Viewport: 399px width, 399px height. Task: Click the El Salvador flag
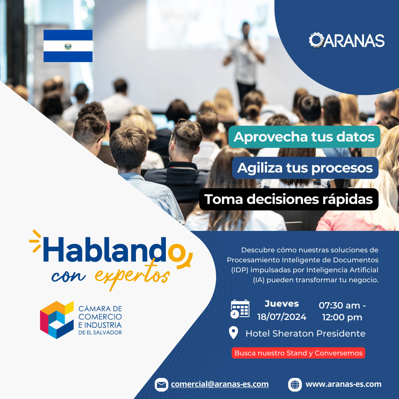click(68, 46)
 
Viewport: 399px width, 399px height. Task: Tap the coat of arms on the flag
click(68, 46)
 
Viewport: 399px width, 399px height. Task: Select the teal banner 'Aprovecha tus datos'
click(304, 137)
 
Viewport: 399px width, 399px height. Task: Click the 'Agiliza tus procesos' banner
click(305, 168)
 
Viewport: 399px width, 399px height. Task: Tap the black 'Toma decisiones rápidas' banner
click(289, 199)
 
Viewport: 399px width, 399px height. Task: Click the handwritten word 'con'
click(68, 276)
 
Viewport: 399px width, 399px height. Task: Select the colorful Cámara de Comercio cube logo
click(57, 320)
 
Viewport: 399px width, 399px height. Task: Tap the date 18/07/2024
click(282, 317)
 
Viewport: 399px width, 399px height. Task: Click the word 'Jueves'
click(282, 304)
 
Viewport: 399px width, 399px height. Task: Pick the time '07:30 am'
click(339, 306)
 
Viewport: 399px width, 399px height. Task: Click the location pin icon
click(233, 332)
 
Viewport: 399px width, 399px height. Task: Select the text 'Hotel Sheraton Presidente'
click(306, 333)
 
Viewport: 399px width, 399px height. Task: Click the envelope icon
click(161, 385)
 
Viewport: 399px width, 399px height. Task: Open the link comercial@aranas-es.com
click(219, 384)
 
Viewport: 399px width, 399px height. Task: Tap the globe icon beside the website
click(295, 385)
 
